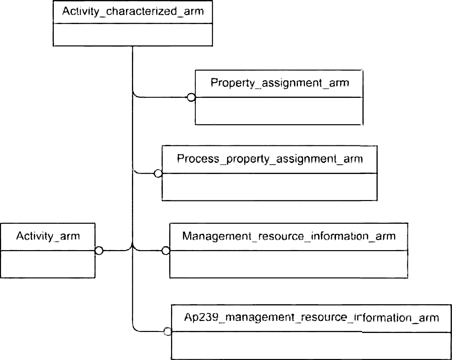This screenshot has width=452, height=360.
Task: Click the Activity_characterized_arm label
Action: tap(133, 11)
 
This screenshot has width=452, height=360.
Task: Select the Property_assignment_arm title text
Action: tap(280, 83)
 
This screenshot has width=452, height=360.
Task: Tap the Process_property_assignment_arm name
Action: tap(270, 159)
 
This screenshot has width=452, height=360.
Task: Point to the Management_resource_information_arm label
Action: tap(289, 236)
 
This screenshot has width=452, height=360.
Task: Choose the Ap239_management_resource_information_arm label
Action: tap(311, 318)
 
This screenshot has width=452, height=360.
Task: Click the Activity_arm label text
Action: tap(48, 236)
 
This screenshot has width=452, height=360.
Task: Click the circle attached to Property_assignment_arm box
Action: tap(191, 97)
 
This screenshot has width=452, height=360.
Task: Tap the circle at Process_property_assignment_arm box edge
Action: tap(158, 174)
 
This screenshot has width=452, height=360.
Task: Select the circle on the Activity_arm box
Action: tap(99, 250)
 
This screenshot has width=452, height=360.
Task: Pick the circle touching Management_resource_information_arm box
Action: tap(166, 250)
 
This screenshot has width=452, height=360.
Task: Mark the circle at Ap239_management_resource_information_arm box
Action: tap(167, 332)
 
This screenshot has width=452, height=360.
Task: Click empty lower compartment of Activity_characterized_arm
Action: tap(133, 35)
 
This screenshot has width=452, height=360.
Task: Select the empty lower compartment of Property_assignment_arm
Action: tap(279, 111)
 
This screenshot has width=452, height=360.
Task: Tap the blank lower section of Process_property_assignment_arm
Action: tap(270, 187)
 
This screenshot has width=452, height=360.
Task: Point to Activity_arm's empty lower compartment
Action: tap(48, 264)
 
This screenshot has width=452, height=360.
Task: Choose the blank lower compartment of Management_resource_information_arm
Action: tap(289, 264)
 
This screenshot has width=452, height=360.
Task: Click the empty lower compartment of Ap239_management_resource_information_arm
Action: tap(311, 345)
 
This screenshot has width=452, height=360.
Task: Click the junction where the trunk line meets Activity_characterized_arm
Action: tap(132, 46)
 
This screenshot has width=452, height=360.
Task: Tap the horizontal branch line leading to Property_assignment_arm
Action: tap(162, 97)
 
